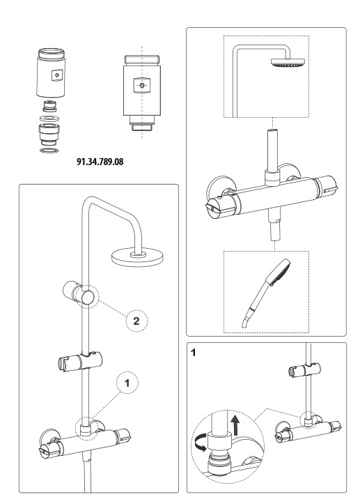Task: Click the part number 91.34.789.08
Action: [100, 162]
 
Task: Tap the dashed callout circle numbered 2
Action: [136, 321]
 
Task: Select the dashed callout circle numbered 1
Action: [127, 383]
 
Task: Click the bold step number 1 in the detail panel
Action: [193, 353]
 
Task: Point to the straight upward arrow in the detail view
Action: [235, 425]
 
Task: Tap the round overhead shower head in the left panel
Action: [138, 257]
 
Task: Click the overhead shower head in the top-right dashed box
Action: [288, 63]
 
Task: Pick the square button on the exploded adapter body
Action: [57, 75]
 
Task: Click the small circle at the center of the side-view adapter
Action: [142, 86]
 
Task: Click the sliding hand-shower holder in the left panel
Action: [80, 361]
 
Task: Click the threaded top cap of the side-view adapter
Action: [142, 60]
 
